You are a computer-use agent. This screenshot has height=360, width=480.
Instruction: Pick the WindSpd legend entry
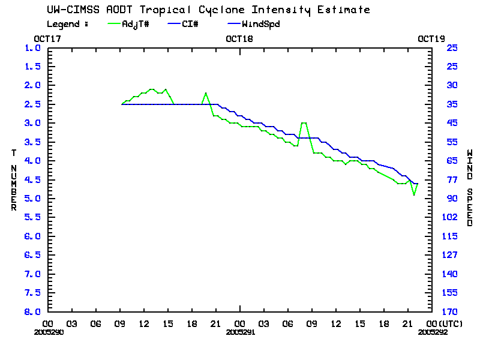[260, 24]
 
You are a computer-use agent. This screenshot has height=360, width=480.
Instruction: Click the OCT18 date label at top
[239, 38]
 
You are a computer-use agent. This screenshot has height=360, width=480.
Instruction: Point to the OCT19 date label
[431, 38]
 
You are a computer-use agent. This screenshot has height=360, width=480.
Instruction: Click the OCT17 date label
[47, 38]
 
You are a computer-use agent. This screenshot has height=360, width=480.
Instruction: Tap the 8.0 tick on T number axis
[32, 312]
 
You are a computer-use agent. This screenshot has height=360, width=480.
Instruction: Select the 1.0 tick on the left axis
[32, 47]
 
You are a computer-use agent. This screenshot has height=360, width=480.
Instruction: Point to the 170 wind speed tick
[452, 312]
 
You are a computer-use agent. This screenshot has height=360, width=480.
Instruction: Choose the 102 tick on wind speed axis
[452, 217]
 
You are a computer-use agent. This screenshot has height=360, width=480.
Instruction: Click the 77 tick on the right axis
[452, 179]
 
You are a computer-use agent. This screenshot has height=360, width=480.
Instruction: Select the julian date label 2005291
[239, 331]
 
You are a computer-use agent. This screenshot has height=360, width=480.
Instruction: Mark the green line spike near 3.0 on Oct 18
[304, 122]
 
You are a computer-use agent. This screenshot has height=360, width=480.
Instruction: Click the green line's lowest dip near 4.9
[413, 195]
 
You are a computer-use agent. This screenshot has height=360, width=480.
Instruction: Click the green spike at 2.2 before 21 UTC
[206, 93]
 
